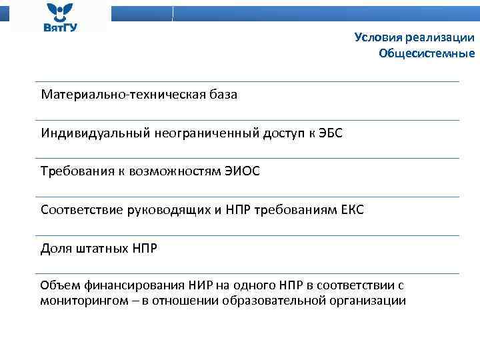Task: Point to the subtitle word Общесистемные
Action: (427, 54)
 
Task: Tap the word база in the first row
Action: (221, 95)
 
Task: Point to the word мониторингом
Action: (77, 300)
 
